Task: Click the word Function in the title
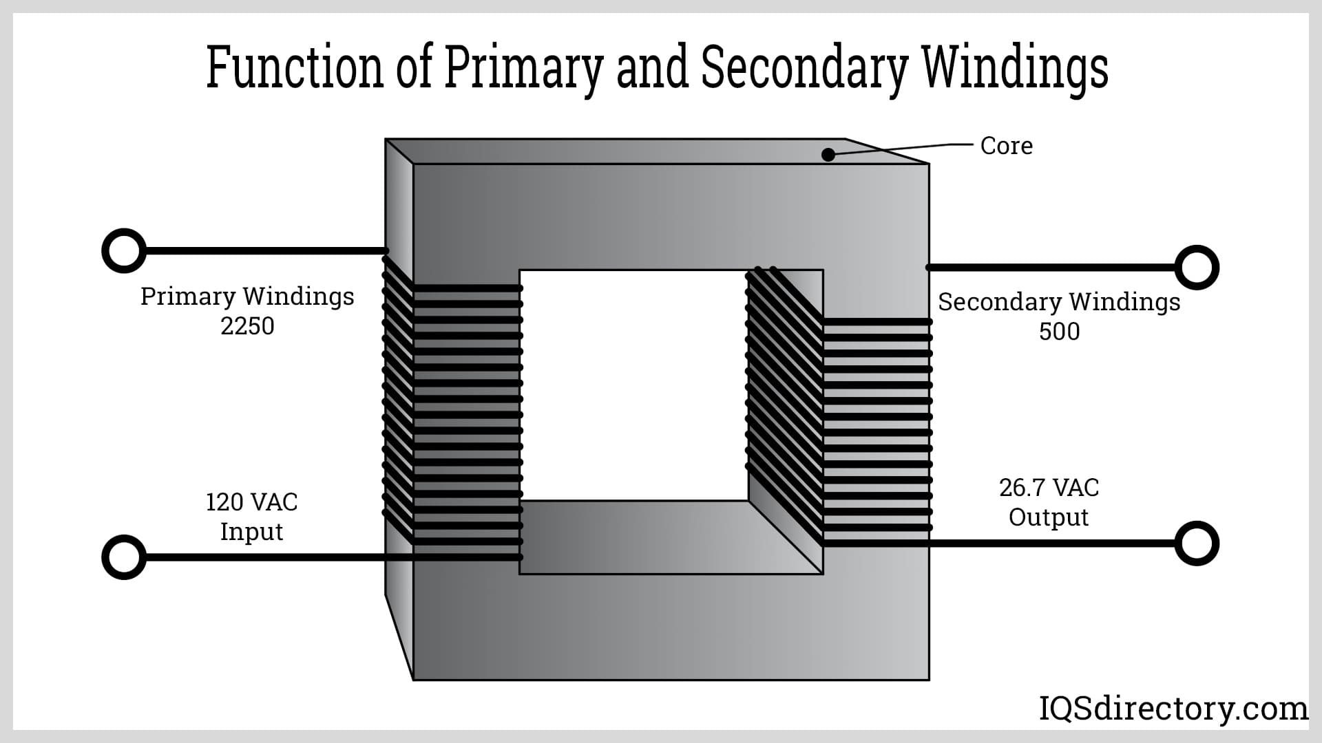[295, 67]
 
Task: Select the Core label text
[1006, 146]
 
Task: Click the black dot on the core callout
[828, 155]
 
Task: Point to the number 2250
[247, 326]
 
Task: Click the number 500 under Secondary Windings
[1059, 332]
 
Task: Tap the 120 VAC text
[252, 502]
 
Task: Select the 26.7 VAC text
[1049, 488]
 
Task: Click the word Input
[251, 532]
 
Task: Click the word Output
[1048, 517]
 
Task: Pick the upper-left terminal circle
[124, 251]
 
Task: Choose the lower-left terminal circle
[124, 557]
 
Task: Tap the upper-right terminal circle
[1197, 267]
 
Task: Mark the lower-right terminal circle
[1197, 543]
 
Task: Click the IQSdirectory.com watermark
[1173, 709]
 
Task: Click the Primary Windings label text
[247, 297]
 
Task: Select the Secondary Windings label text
[1059, 302]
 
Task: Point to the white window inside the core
[633, 385]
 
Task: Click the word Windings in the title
[1014, 69]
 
